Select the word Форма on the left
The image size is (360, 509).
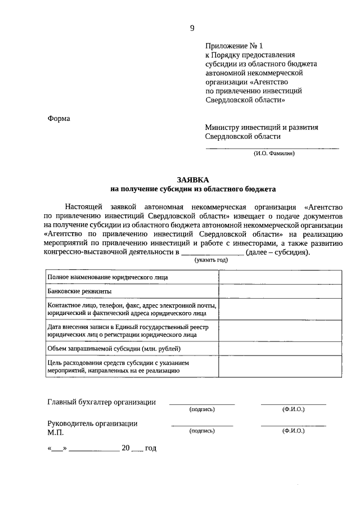point(59,119)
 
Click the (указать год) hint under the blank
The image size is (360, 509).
point(211,260)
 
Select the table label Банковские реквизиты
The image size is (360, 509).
point(79,291)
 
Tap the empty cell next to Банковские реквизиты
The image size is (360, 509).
point(280,291)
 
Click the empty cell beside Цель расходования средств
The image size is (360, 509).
point(280,367)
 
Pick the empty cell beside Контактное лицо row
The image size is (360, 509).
point(280,309)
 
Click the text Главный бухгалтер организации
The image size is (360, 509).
point(101,402)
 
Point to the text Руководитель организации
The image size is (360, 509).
point(92,424)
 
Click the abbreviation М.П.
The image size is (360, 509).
point(56,433)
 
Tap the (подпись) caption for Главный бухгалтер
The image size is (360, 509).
point(202,409)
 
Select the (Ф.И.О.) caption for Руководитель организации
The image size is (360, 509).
point(293,430)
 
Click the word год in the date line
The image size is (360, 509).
point(151,448)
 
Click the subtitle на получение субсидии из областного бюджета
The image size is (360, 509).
point(192,190)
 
